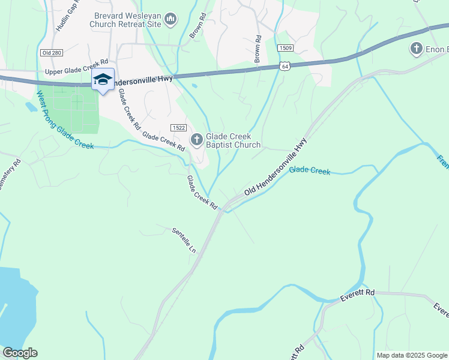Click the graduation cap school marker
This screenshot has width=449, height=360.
[x=103, y=80]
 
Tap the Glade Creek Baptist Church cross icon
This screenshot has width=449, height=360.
[x=196, y=140]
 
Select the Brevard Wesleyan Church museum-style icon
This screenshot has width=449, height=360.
[x=170, y=20]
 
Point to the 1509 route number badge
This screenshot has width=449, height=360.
[x=285, y=47]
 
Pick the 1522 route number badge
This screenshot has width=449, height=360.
[x=178, y=128]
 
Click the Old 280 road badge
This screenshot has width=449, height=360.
[x=50, y=53]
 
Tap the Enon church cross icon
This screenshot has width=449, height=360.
[x=416, y=48]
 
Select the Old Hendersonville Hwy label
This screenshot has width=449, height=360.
[x=276, y=167]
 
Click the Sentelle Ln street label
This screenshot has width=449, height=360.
[x=184, y=240]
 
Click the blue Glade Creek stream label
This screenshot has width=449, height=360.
[x=309, y=171]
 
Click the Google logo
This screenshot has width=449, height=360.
[x=20, y=353]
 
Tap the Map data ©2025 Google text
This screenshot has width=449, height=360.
[x=411, y=355]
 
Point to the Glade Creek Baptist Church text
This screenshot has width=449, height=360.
[x=234, y=140]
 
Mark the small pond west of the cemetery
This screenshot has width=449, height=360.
[x=31, y=107]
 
